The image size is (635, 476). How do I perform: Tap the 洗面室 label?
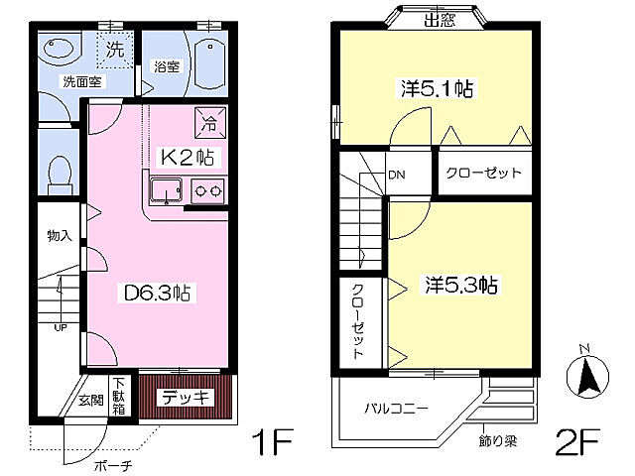[82, 81]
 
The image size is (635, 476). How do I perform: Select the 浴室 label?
[167, 67]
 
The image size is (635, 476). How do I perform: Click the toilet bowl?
[59, 172]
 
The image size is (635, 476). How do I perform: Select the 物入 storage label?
[61, 236]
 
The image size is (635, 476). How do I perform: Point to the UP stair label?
[61, 327]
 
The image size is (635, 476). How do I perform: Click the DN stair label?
[396, 176]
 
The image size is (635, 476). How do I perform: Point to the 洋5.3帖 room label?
[461, 286]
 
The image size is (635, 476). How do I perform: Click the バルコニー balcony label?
[396, 408]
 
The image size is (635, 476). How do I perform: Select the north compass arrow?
[585, 375]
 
